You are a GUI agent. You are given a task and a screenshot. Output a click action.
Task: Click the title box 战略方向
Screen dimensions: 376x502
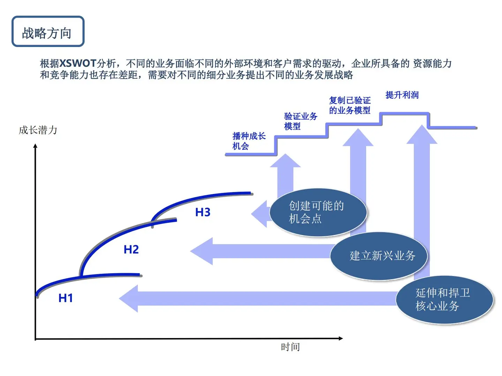48,31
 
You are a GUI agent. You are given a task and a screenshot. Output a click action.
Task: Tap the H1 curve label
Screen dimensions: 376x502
66,298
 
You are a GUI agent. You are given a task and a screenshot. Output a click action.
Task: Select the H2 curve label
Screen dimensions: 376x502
131,249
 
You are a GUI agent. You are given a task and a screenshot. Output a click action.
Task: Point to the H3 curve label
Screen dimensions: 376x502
203,212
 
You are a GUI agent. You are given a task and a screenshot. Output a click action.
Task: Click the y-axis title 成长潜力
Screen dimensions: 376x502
38,130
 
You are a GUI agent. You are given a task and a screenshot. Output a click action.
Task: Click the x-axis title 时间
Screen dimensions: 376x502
290,347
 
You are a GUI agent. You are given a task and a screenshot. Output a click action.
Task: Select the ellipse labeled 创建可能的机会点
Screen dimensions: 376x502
318,212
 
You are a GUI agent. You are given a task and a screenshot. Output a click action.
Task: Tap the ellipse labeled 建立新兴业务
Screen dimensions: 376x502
379,256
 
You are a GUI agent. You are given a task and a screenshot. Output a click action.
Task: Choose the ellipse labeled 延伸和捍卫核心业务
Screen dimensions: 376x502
444,300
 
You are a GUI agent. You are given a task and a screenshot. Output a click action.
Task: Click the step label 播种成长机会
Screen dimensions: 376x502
249,141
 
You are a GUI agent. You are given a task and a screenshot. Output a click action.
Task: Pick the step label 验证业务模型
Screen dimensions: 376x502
300,121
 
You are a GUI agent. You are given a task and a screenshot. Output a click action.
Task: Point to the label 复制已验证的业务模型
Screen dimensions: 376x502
350,105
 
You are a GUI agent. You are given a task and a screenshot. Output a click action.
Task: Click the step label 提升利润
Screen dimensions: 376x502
402,95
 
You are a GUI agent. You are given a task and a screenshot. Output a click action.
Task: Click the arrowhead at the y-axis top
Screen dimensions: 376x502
35,146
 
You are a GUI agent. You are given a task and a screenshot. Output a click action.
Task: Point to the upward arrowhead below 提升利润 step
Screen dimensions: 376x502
422,135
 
